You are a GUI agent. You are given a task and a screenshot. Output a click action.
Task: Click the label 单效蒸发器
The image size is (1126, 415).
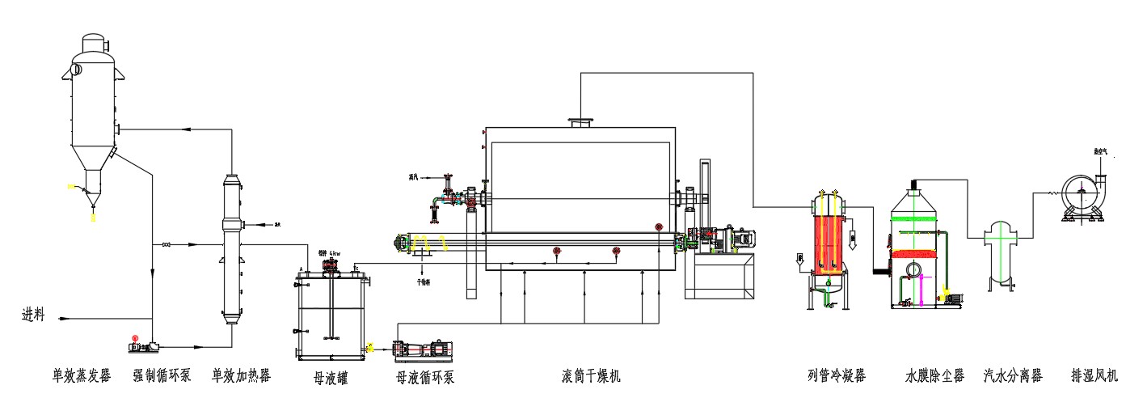point(81,375)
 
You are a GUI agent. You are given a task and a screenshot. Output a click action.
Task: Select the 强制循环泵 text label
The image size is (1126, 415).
point(162,375)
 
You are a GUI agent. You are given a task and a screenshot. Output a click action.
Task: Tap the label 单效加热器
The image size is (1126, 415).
point(241,375)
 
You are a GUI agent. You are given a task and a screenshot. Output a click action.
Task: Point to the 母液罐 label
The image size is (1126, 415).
point(331,377)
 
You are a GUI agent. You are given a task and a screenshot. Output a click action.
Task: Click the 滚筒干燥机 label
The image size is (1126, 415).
point(592,375)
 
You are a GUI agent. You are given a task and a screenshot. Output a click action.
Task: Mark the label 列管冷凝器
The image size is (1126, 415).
point(837,375)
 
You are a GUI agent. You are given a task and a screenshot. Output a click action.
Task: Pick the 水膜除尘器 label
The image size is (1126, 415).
point(935,375)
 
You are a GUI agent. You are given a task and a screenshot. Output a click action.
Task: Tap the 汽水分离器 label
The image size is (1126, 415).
point(1013,375)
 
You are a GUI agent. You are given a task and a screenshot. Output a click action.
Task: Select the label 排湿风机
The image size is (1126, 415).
point(1094,375)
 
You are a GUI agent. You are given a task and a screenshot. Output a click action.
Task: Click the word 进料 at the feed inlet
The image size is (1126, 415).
point(33,315)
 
